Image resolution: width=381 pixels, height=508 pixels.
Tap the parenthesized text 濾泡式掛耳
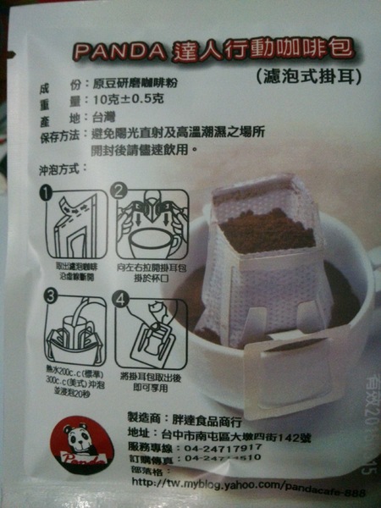pyautogui.click(x=308, y=78)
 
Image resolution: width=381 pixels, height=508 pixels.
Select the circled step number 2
pyautogui.click(x=120, y=192)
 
